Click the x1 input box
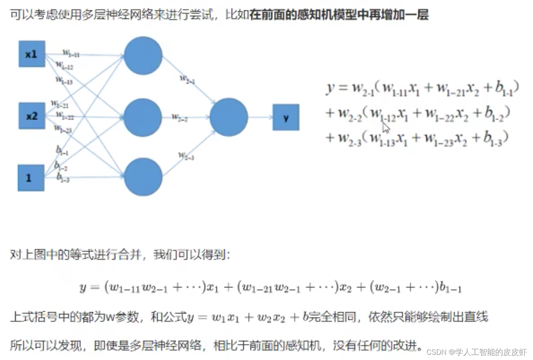[32, 54]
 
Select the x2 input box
[32, 116]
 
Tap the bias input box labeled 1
[31, 178]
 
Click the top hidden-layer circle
[143, 56]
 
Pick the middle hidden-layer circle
[142, 117]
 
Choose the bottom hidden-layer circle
[143, 177]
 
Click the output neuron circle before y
[229, 117]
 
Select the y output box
[286, 117]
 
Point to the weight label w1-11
[71, 53]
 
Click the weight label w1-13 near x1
[64, 81]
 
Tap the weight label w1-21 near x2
[59, 105]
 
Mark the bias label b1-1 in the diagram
[62, 151]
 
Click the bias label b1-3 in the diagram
[63, 177]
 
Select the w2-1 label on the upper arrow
[187, 79]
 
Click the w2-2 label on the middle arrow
[180, 117]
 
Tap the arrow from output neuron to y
[260, 117]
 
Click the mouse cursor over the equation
[386, 128]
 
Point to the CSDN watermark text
[476, 352]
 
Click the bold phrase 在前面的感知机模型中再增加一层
[339, 15]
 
